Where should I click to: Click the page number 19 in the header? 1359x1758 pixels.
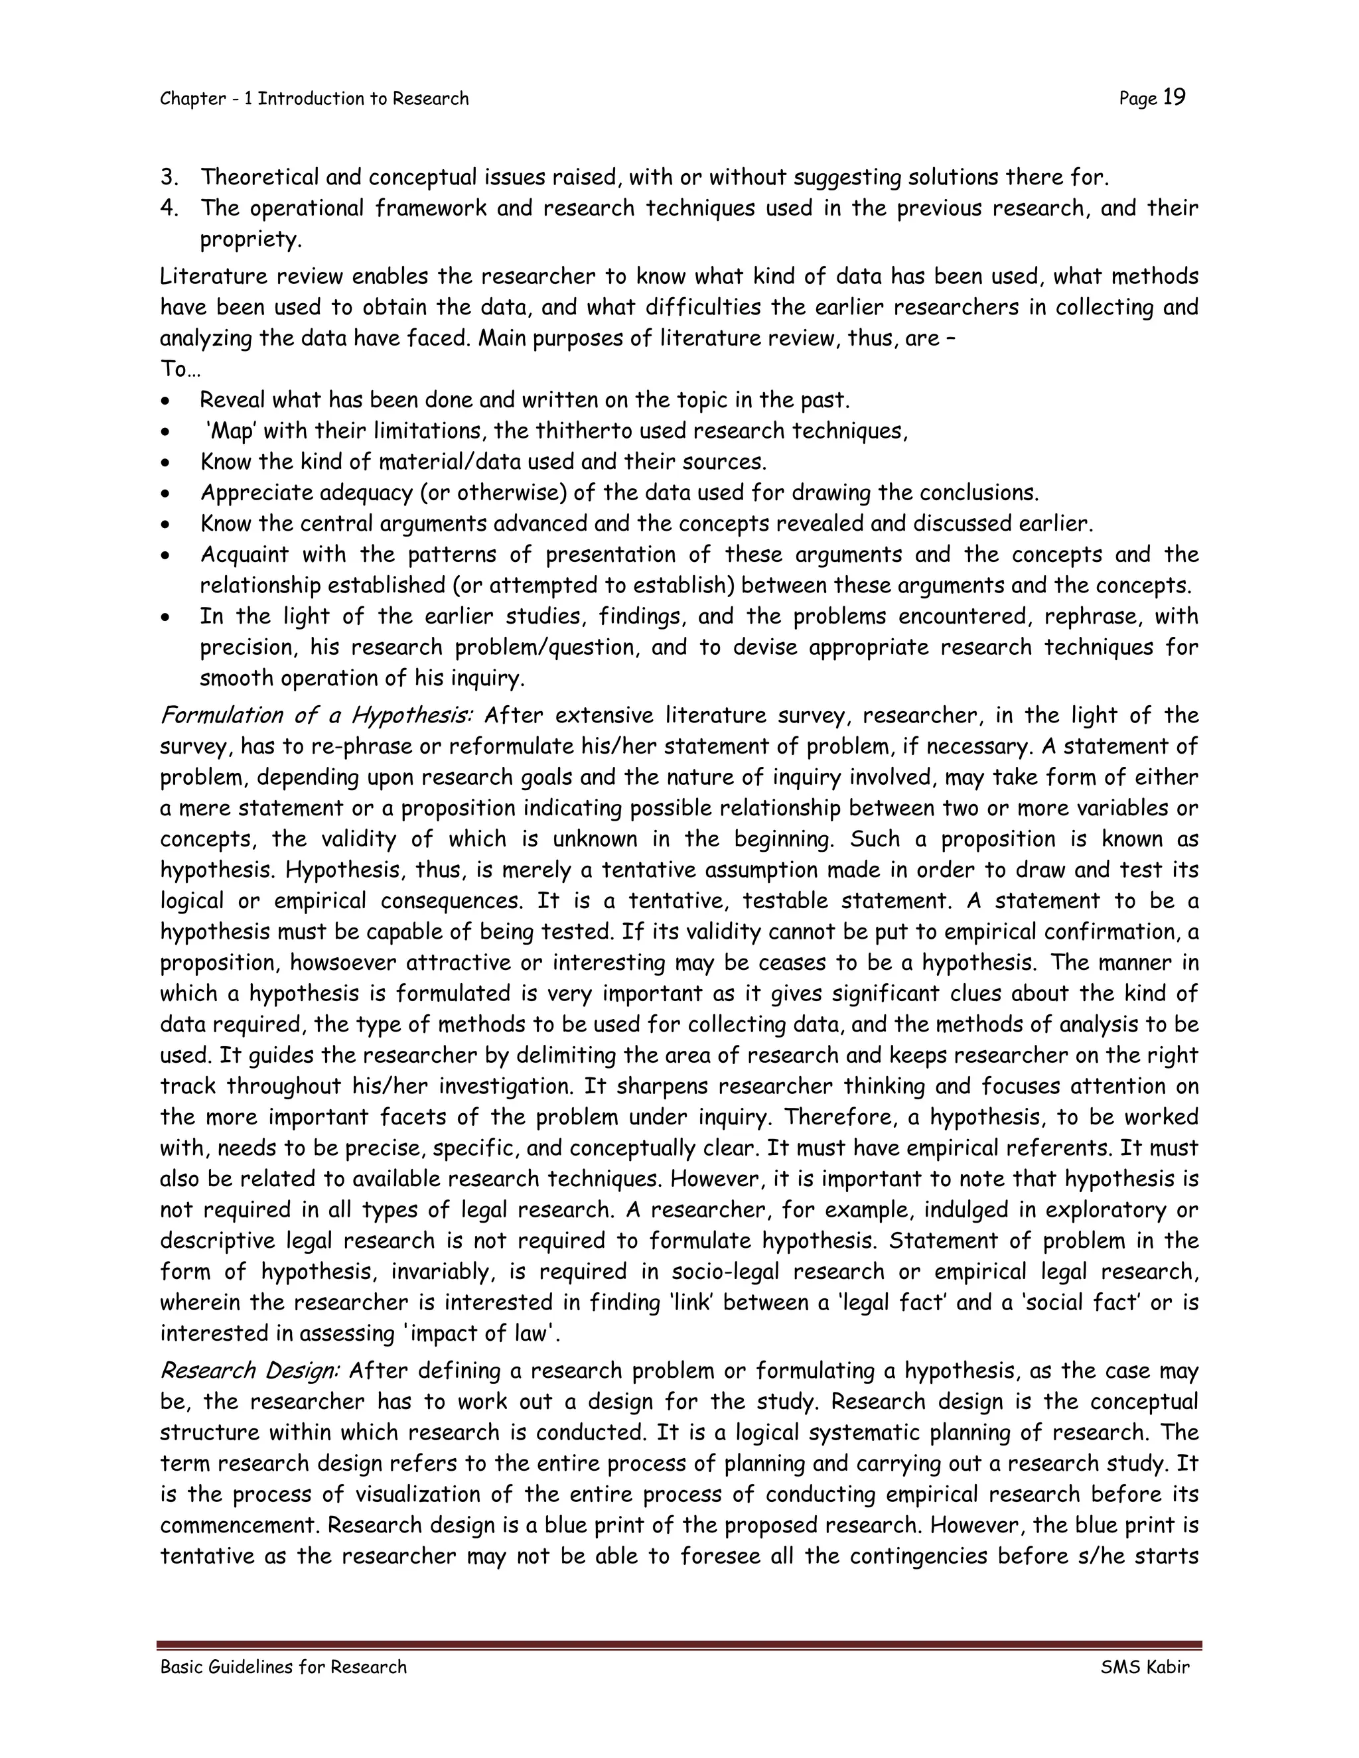1175,98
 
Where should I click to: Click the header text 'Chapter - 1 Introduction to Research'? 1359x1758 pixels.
314,99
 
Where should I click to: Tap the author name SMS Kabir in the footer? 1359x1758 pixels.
1144,1667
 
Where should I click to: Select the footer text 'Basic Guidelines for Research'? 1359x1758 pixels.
283,1667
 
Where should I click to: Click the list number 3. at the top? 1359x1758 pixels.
169,177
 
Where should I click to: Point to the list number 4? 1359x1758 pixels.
169,208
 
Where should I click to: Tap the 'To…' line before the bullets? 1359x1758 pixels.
180,370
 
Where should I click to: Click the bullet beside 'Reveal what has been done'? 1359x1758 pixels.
166,401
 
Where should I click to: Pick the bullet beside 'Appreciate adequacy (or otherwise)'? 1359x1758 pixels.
166,494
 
